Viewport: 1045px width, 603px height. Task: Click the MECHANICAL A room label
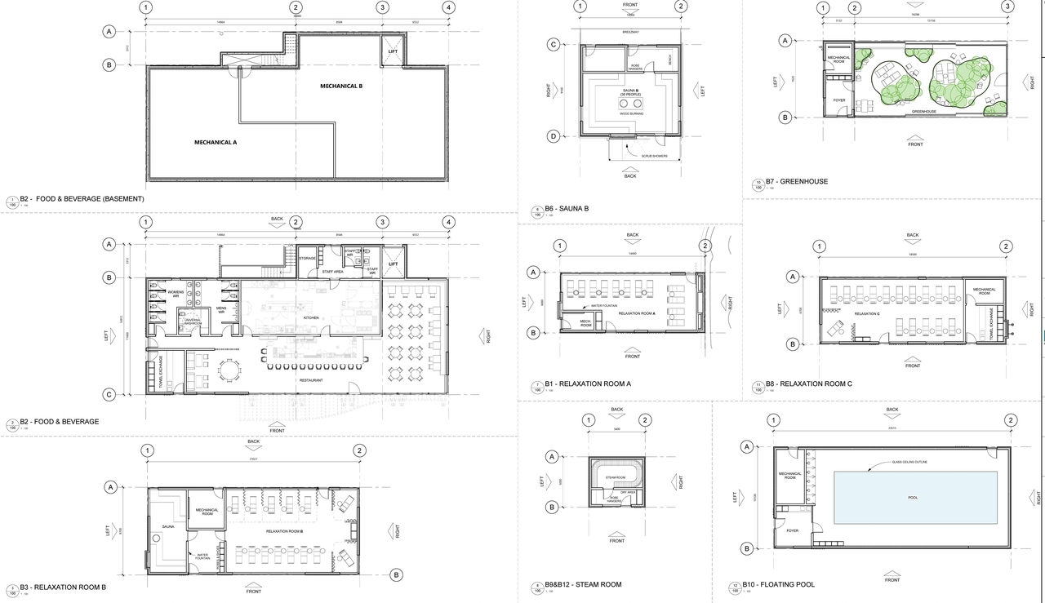(x=215, y=142)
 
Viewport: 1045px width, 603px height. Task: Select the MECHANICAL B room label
(x=340, y=86)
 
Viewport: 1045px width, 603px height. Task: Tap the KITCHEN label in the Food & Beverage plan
(x=311, y=317)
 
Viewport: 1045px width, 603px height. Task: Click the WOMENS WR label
(x=176, y=292)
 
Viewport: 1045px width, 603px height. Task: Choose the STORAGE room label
(x=307, y=258)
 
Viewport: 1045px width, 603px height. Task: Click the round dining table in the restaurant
(x=230, y=372)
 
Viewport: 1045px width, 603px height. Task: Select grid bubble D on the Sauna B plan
(x=553, y=136)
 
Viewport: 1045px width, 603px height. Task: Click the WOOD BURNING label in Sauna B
(x=629, y=113)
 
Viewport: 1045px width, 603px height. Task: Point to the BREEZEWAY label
(x=629, y=33)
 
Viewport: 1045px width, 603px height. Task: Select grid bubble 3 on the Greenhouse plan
(x=1008, y=8)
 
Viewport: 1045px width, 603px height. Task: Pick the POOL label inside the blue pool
(x=913, y=497)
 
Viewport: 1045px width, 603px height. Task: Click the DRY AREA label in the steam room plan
(x=629, y=492)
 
